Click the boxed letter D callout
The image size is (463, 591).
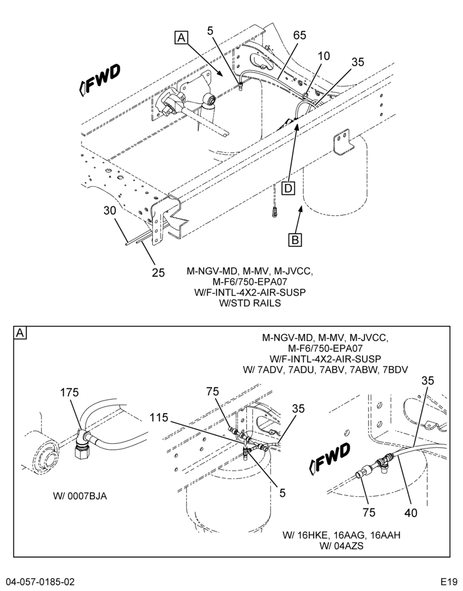[x=288, y=188]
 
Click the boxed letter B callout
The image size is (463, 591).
[x=295, y=240]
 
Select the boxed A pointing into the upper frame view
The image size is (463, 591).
[x=181, y=38]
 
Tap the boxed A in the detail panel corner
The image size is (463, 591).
[x=20, y=333]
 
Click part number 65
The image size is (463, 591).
[x=300, y=35]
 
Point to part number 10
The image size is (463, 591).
[x=324, y=56]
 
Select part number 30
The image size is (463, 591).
[x=110, y=210]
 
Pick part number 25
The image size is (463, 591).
[x=158, y=272]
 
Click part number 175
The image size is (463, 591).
[x=69, y=392]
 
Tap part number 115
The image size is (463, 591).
[x=159, y=417]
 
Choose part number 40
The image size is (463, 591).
[x=411, y=512]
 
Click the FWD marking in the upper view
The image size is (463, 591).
[x=100, y=79]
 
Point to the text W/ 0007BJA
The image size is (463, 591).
[x=80, y=496]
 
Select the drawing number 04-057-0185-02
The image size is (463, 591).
[x=40, y=581]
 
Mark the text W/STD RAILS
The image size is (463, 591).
[x=250, y=303]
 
